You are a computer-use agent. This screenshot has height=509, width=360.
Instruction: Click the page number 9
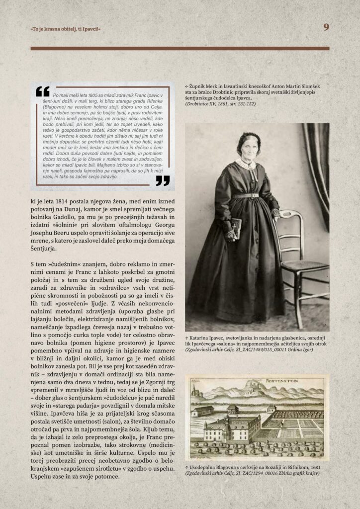point(326,27)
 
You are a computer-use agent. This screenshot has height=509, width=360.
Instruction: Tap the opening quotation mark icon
point(43,91)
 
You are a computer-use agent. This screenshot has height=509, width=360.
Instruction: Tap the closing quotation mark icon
point(163,180)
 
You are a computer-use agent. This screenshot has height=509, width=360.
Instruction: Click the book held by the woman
point(236,227)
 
